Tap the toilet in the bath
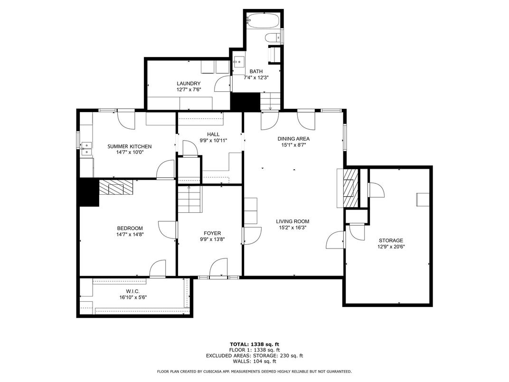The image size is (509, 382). click(x=273, y=38)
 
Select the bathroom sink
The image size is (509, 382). click(x=238, y=61)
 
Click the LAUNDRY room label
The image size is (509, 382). click(x=189, y=84)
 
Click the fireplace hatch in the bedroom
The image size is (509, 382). click(x=116, y=188)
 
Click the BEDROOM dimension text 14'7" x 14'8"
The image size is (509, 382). click(x=130, y=234)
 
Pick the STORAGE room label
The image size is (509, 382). click(x=391, y=240)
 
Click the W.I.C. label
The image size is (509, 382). click(x=133, y=291)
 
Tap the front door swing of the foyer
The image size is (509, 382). click(x=218, y=268)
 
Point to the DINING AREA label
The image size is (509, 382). click(x=293, y=139)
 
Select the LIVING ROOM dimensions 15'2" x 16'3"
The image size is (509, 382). click(x=293, y=228)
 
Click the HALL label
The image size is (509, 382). click(x=213, y=134)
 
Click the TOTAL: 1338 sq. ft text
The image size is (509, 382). click(x=254, y=344)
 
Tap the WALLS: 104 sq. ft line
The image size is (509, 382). click(x=254, y=361)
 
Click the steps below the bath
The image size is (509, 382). click(x=270, y=101)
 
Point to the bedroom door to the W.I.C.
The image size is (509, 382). click(x=158, y=269)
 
